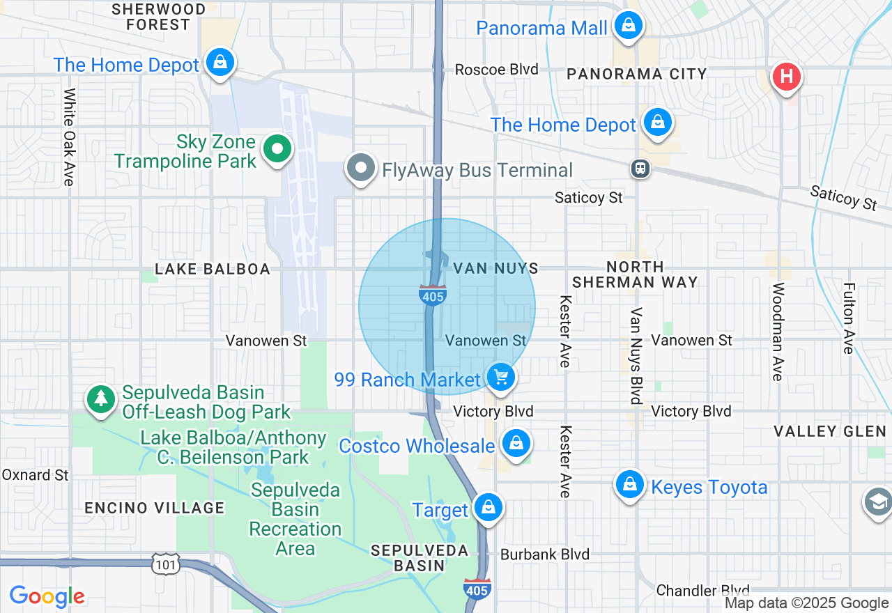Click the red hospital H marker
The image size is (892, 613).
786,76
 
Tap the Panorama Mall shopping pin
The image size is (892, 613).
629,26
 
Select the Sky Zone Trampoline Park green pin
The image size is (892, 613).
277,149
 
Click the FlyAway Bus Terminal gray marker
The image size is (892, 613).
361,169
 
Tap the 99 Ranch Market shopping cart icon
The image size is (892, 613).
500,378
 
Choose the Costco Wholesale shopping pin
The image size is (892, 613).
516,443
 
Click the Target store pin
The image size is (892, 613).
489,508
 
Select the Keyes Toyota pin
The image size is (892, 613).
630,485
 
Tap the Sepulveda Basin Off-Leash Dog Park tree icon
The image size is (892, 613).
102,399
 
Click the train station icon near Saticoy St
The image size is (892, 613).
640,169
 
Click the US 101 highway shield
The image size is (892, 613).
166,564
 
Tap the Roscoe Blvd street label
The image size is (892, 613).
497,70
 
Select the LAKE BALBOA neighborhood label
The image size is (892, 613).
213,269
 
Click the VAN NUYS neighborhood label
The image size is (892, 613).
495,268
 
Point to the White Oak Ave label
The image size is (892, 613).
69,137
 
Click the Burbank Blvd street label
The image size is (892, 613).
545,554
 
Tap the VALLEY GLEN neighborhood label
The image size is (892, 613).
830,432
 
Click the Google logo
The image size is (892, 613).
47,596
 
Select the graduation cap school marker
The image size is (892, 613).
877,502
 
